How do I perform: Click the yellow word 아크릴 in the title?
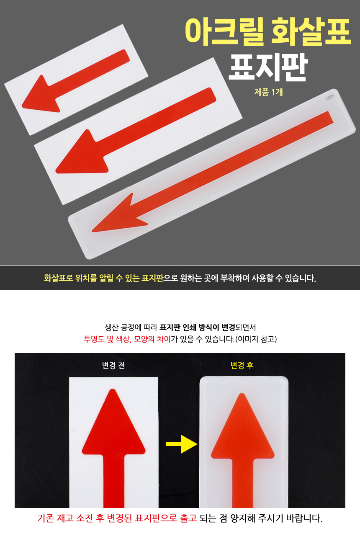click(222, 31)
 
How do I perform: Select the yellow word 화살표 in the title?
click(311, 31)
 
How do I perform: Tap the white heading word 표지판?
click(268, 67)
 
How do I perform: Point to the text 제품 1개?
click(268, 92)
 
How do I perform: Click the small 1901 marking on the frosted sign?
click(330, 98)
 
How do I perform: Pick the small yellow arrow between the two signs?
click(182, 444)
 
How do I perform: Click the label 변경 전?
click(113, 365)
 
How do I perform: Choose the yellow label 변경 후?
click(242, 365)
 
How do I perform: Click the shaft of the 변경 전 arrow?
click(114, 480)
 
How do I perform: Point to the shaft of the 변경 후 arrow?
click(243, 483)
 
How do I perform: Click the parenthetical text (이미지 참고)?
click(256, 339)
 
